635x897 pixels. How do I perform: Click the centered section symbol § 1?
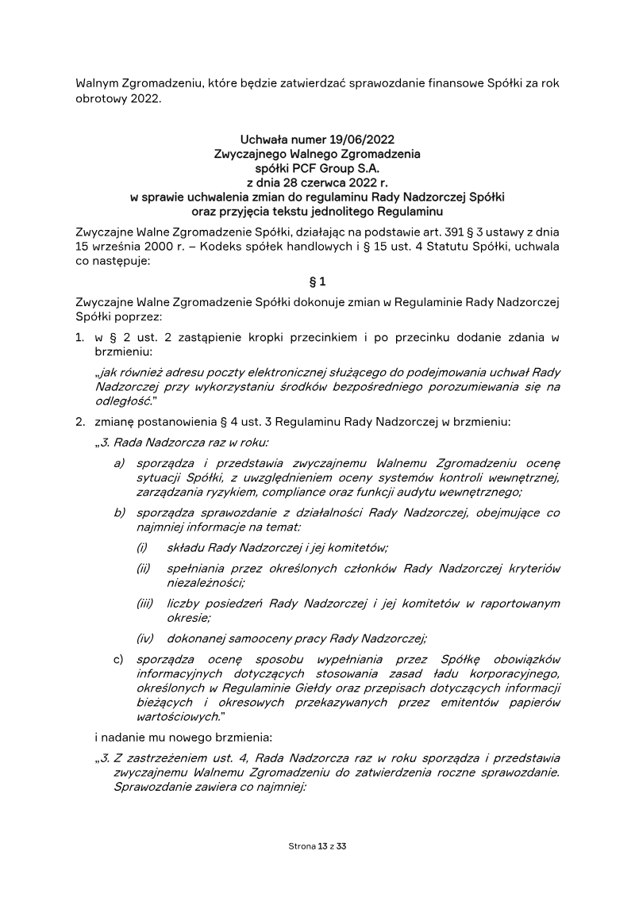[x=317, y=281]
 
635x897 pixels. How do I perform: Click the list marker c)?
[x=120, y=659]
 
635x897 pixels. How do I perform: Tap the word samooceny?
[x=253, y=638]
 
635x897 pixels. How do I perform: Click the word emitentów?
[x=466, y=702]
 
